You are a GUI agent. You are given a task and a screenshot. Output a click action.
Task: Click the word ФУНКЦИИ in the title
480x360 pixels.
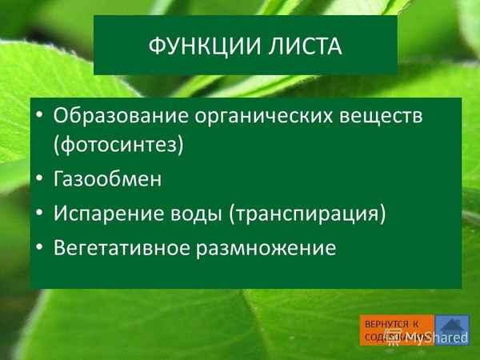197,46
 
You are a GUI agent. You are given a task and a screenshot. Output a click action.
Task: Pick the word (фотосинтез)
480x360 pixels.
118,145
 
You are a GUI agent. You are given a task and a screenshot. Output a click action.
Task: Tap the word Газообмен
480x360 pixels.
107,180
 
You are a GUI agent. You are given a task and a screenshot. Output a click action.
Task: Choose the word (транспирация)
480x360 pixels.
307,214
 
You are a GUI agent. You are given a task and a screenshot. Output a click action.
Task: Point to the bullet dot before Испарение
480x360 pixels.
39,214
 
